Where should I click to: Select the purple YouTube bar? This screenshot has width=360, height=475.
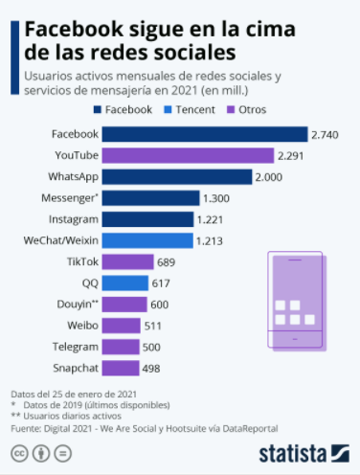pyautogui.click(x=187, y=155)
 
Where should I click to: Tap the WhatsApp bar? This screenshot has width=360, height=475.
pyautogui.click(x=176, y=176)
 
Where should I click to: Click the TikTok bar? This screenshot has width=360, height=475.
pyautogui.click(x=127, y=261)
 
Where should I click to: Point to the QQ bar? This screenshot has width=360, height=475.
pyautogui.click(x=124, y=283)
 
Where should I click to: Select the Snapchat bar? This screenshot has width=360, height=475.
pyautogui.click(x=121, y=368)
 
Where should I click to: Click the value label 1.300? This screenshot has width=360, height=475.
pyautogui.click(x=216, y=198)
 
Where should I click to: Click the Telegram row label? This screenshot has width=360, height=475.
pyautogui.click(x=74, y=347)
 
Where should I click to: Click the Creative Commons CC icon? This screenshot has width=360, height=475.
pyautogui.click(x=19, y=453)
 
